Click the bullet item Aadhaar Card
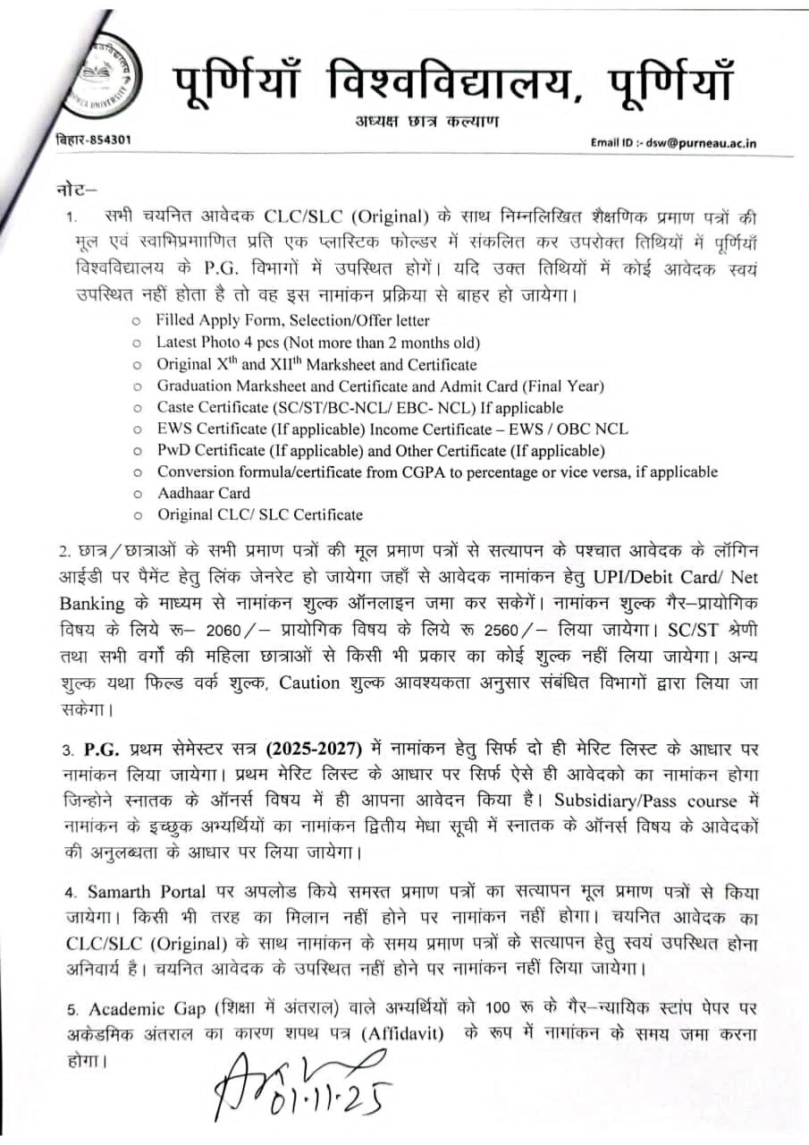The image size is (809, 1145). click(203, 493)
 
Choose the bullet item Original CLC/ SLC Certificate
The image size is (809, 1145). click(260, 514)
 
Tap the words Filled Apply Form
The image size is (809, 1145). click(215, 319)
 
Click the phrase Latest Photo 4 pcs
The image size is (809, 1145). click(215, 342)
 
